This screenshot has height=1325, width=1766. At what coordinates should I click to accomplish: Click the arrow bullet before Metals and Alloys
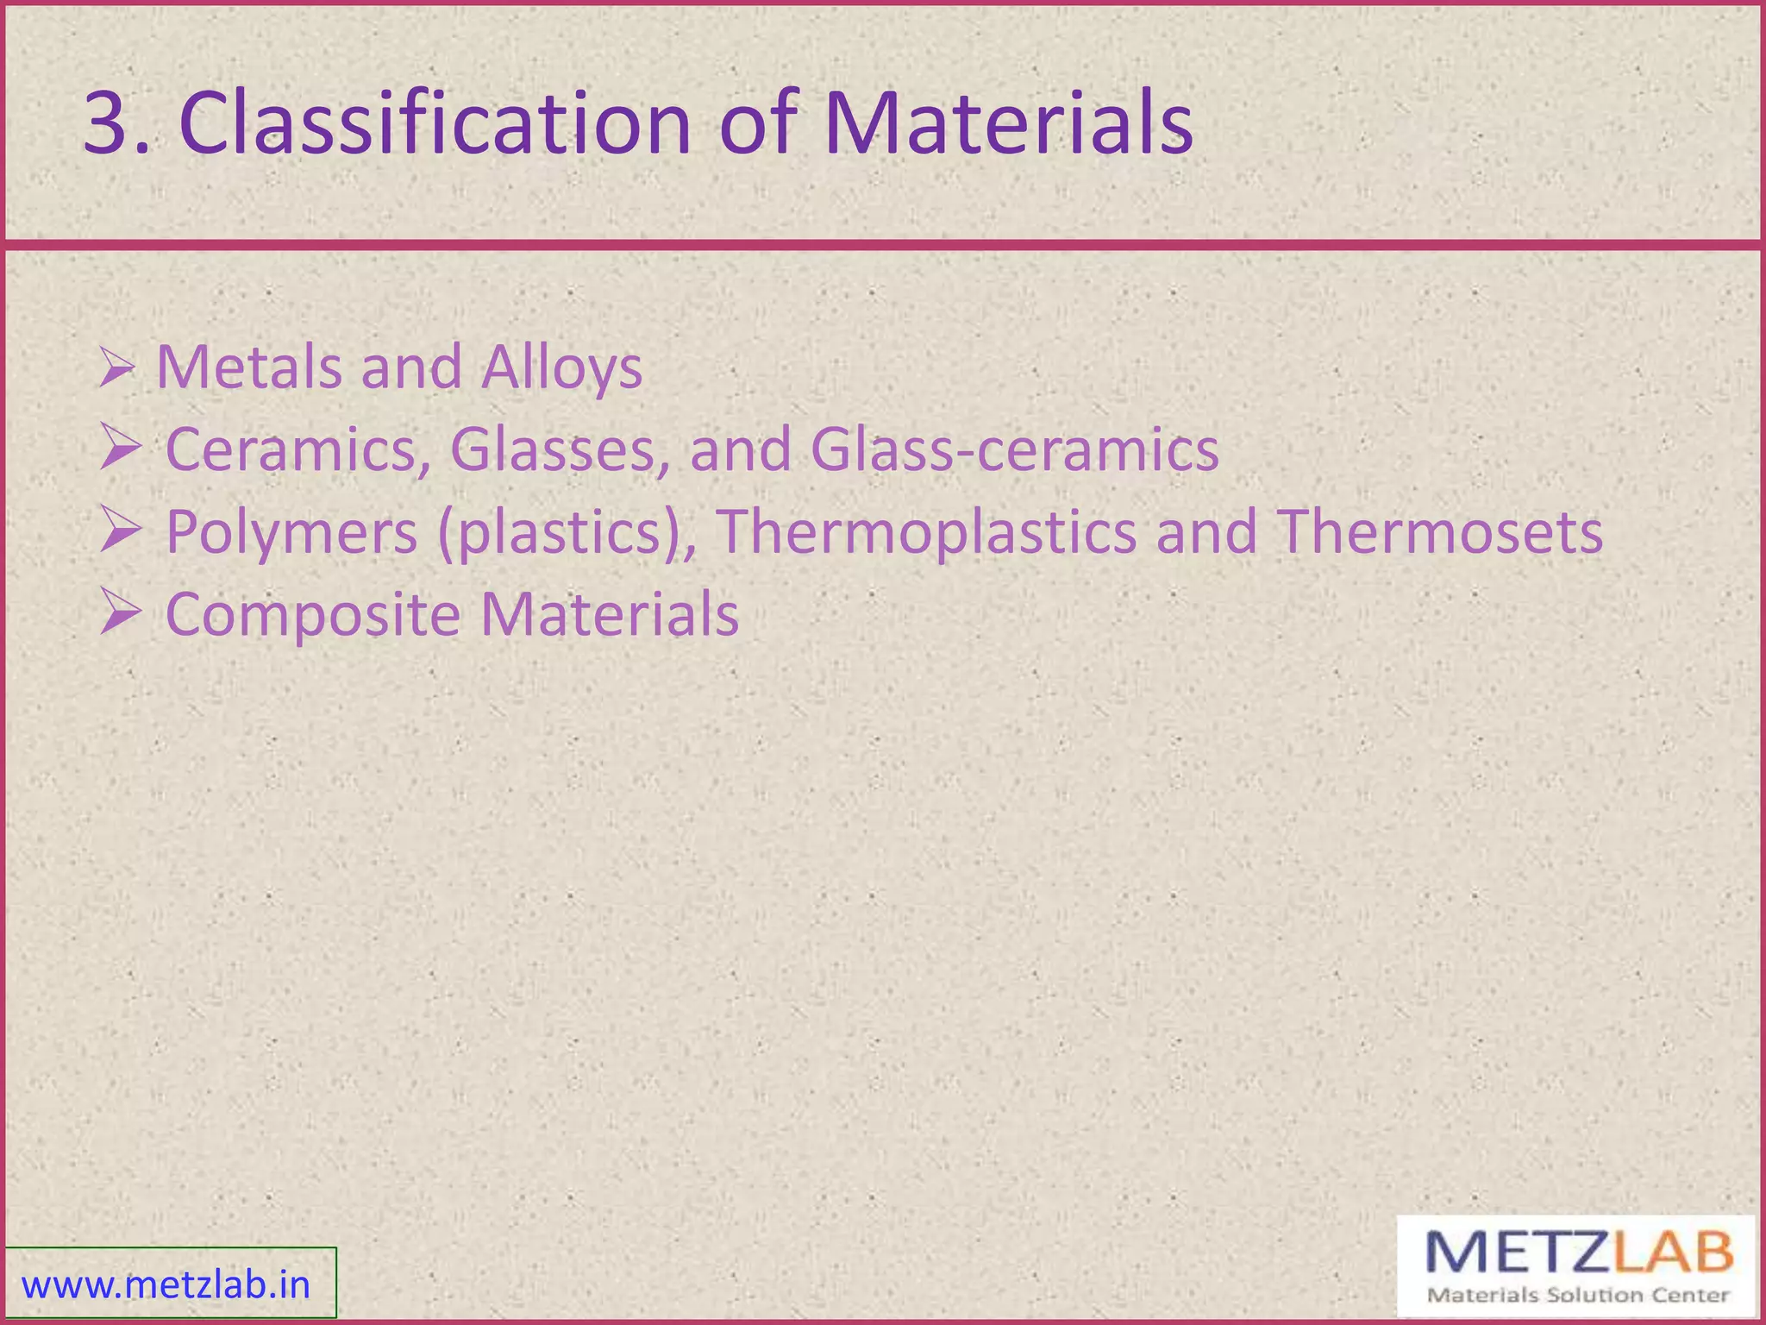pos(117,367)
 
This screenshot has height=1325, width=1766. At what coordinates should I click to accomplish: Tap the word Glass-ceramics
pos(1014,449)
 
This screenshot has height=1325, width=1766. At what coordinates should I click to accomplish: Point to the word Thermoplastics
pos(926,531)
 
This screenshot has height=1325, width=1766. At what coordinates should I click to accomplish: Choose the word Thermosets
pos(1440,531)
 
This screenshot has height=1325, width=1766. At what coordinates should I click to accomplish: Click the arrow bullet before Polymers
pos(120,529)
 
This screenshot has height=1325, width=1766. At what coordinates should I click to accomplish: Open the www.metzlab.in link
pos(166,1285)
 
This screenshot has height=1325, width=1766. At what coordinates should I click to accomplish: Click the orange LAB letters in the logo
pos(1673,1253)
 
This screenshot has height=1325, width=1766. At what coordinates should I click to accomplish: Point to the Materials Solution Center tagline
pos(1578,1295)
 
